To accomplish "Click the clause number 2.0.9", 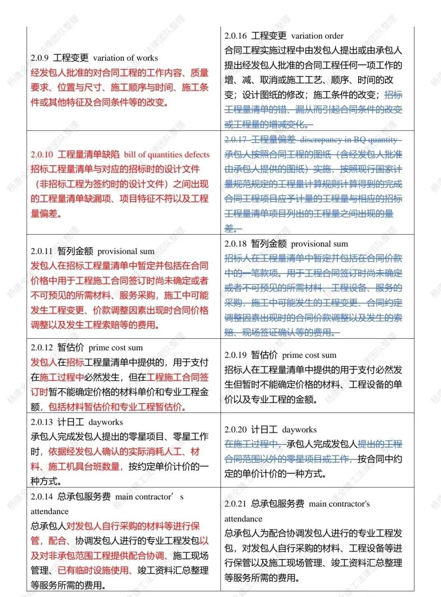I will click(x=39, y=58).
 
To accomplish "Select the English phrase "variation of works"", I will click(x=125, y=58).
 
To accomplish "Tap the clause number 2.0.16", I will click(x=236, y=36).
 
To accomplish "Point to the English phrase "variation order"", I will click(x=317, y=36).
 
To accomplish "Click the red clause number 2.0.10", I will click(x=42, y=155).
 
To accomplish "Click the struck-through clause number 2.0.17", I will click(x=236, y=140).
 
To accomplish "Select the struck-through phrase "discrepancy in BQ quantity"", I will click(x=349, y=140).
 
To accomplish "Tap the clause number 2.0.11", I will click(x=42, y=251).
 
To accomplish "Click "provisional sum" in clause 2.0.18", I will click(x=320, y=244).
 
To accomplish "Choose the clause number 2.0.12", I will click(x=42, y=348).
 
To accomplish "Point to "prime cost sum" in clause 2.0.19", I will click(x=309, y=355).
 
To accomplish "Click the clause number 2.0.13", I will click(x=42, y=422).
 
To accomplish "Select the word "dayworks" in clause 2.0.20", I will click(x=299, y=430).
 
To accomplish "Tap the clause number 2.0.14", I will click(x=42, y=497).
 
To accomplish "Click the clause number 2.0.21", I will click(x=236, y=504).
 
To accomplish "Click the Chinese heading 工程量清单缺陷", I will click(x=89, y=155).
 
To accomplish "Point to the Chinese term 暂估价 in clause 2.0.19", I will click(x=264, y=355).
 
